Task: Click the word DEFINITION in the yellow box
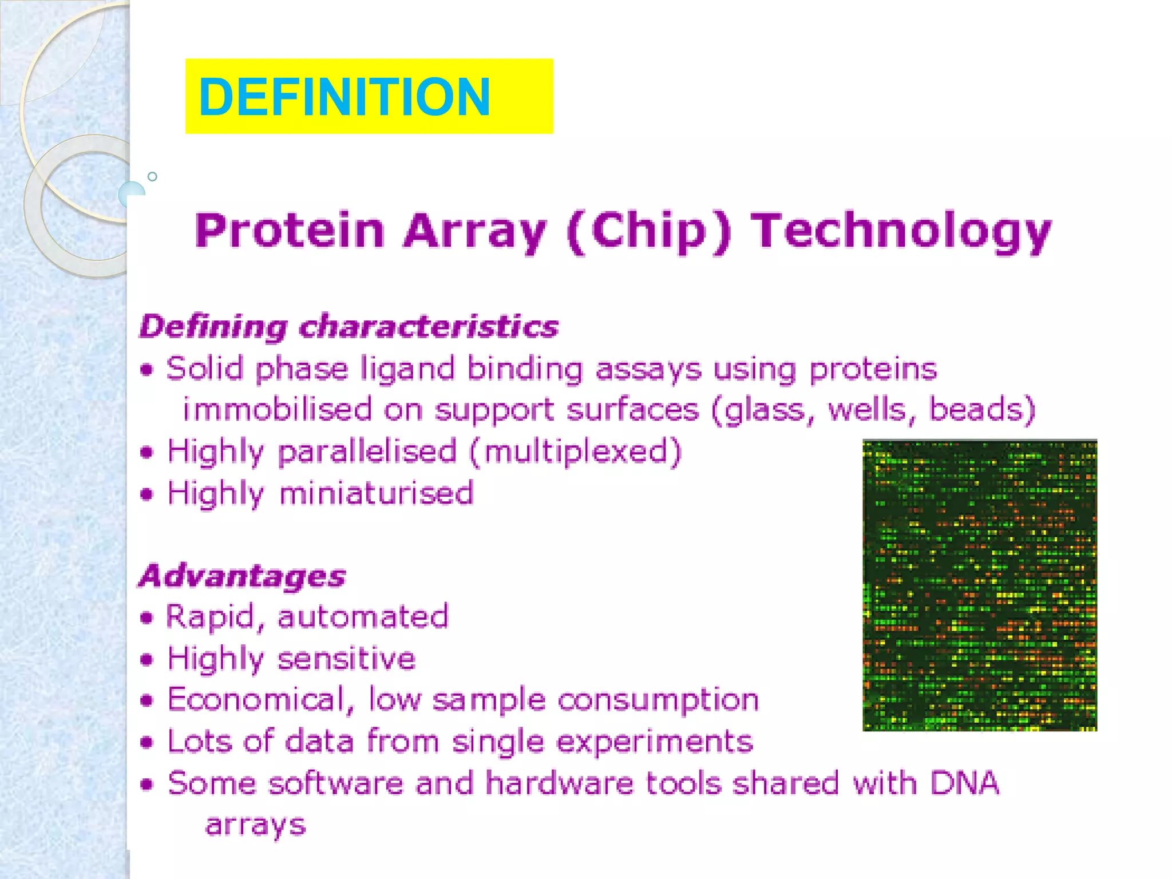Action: click(344, 97)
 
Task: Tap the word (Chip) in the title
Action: click(649, 231)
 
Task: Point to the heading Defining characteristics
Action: click(349, 327)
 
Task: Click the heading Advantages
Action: click(242, 576)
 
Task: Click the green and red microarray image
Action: click(979, 585)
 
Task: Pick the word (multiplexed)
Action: click(576, 452)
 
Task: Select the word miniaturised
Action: click(377, 493)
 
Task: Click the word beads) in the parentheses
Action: click(982, 410)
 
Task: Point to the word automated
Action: click(363, 617)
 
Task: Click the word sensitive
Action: click(346, 659)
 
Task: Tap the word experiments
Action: click(654, 742)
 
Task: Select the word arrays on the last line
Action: click(255, 826)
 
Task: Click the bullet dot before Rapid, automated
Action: click(147, 618)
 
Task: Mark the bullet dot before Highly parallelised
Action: click(147, 453)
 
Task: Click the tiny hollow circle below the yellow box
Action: click(152, 177)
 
